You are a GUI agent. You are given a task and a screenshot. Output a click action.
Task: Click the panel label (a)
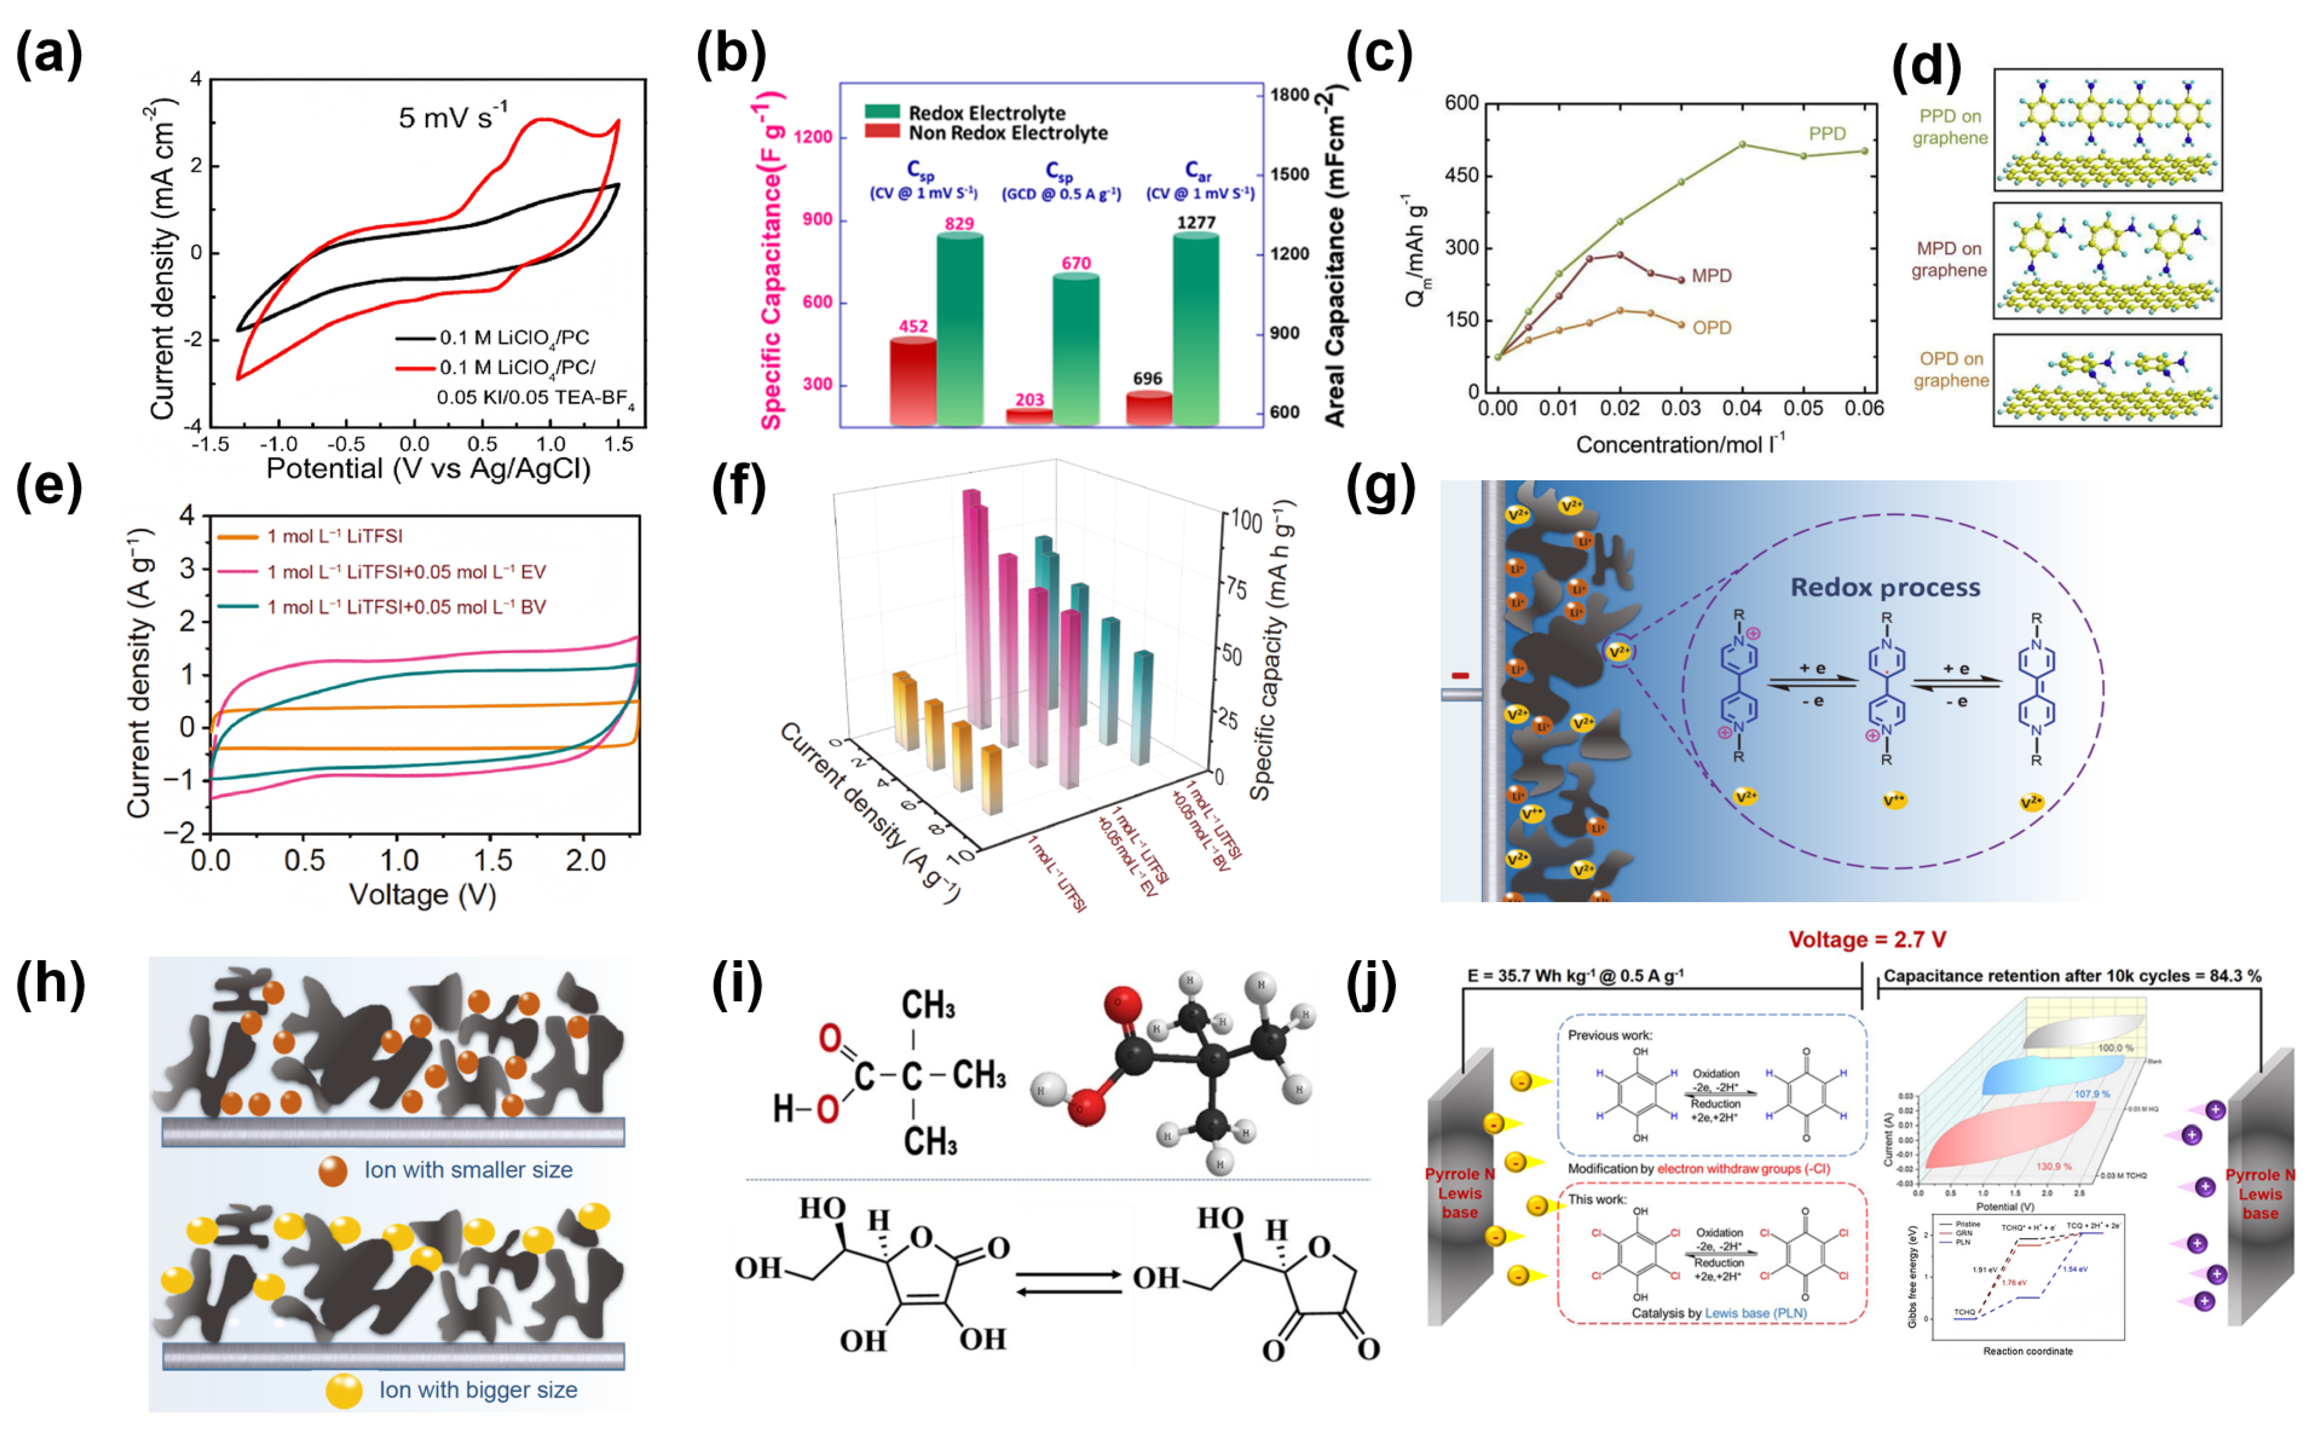tap(49, 55)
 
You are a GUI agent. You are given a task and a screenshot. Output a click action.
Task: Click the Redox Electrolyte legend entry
tap(986, 113)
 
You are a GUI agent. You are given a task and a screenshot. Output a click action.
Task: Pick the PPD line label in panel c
tap(1827, 134)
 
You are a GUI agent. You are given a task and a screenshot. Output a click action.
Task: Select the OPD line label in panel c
tap(1712, 328)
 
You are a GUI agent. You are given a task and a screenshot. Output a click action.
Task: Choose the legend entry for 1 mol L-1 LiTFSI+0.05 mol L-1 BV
tap(405, 607)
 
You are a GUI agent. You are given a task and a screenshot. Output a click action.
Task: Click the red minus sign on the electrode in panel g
tap(1460, 675)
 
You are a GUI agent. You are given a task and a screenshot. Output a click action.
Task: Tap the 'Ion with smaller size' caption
tap(468, 1170)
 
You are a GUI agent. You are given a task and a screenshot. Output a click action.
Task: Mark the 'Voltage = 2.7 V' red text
tap(1866, 939)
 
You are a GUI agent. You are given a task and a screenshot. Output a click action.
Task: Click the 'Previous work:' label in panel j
tap(1610, 1035)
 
